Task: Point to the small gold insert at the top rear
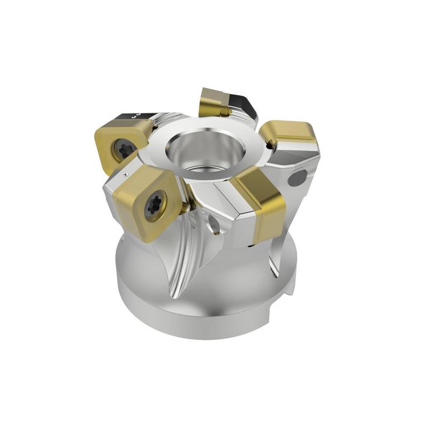pyautogui.click(x=214, y=102)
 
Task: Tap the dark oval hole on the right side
pyautogui.click(x=297, y=178)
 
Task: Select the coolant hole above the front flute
pyautogui.click(x=214, y=224)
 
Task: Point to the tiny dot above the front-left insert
pyautogui.click(x=125, y=174)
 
